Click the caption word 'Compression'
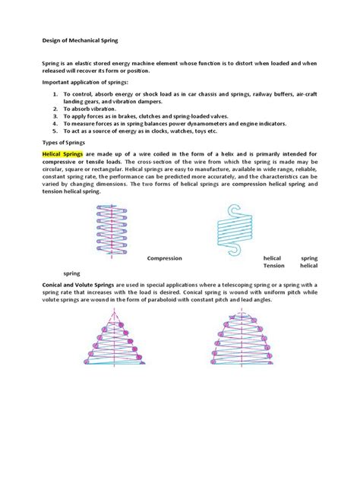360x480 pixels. [164, 258]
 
